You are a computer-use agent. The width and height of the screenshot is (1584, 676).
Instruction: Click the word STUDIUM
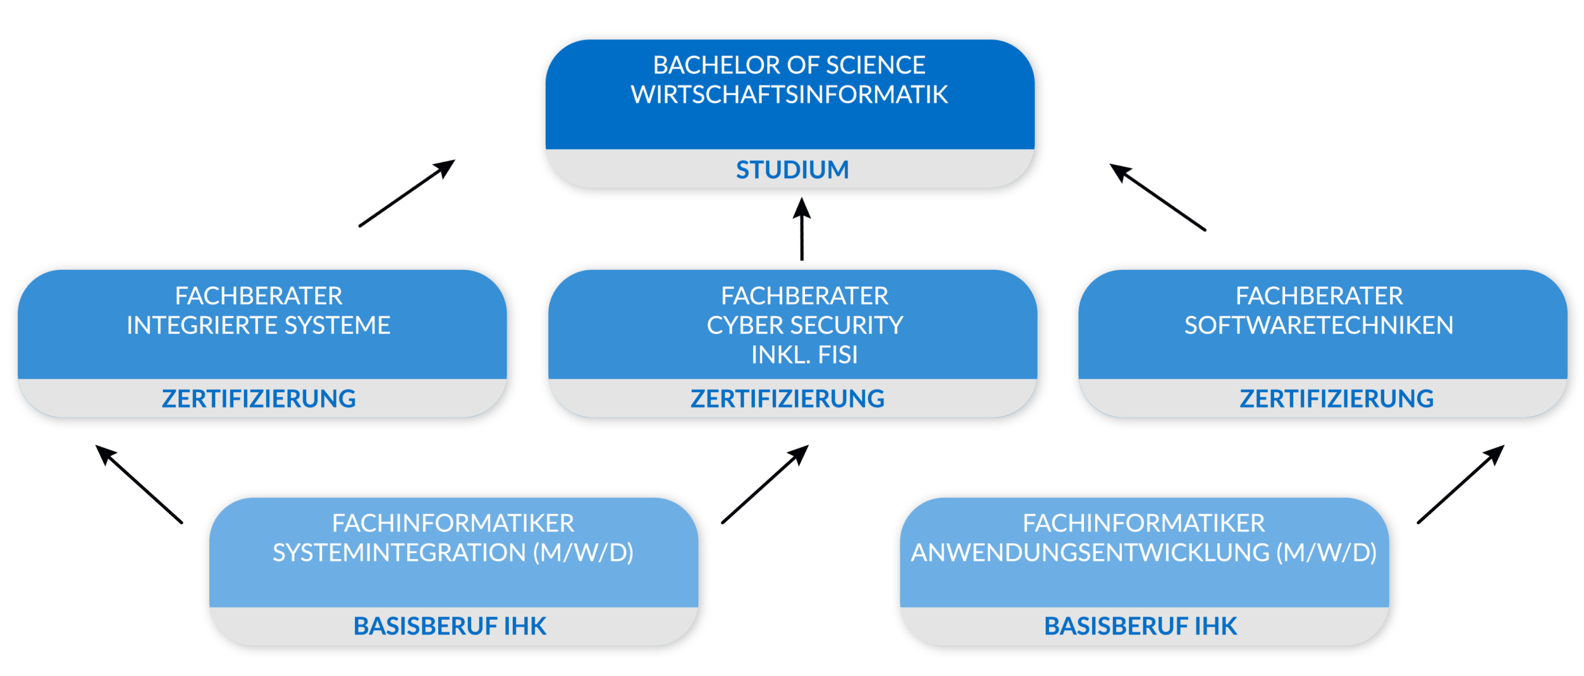point(791,169)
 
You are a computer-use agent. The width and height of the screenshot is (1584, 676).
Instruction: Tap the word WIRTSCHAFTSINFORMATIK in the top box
point(789,95)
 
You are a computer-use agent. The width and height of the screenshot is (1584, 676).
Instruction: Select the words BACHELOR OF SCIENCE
point(789,65)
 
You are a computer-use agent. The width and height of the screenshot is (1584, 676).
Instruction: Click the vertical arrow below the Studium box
point(802,229)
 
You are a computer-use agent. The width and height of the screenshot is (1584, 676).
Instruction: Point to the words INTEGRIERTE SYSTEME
point(259,325)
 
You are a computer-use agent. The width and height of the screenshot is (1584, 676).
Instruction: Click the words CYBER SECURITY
point(804,325)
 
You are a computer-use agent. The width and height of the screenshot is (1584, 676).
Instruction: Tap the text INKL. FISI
point(804,355)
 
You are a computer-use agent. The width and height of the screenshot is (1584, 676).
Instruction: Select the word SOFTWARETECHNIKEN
point(1318,325)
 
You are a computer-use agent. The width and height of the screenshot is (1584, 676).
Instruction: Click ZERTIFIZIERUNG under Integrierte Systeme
point(259,398)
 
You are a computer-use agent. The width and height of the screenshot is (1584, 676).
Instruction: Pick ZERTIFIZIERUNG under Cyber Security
point(787,398)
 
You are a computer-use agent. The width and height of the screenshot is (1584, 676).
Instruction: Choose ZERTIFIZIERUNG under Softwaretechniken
point(1336,398)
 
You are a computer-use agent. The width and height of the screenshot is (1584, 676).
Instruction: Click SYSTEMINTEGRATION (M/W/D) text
point(453,552)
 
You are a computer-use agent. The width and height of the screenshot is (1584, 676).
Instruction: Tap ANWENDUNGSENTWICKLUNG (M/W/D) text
point(1143,552)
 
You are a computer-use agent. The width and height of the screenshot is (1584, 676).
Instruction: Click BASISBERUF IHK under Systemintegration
point(450,626)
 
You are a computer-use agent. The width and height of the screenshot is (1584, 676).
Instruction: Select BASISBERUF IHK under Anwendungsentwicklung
point(1140,626)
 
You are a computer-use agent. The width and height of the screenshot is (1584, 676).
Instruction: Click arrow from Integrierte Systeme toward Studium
point(407,193)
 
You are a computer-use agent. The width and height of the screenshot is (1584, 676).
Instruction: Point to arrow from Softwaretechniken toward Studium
point(1158,197)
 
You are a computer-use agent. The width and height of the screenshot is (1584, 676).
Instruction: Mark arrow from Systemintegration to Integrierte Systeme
point(139,484)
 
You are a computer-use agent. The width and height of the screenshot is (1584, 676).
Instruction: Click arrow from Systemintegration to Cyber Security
point(765,484)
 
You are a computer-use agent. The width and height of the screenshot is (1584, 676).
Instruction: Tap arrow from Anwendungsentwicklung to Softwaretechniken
point(1460,484)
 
